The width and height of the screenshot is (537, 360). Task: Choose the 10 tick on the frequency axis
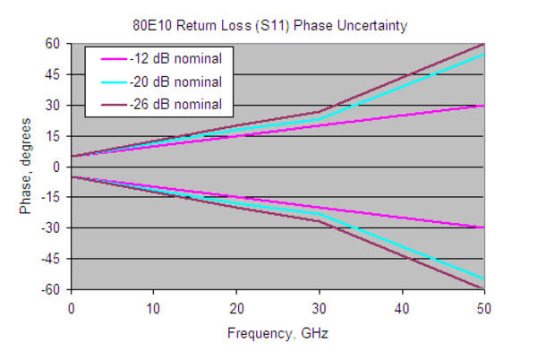(154, 307)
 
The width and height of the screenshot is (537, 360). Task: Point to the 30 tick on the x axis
(319, 307)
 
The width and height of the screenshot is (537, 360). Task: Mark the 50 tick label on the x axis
(484, 307)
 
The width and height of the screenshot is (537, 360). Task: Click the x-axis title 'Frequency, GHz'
(277, 332)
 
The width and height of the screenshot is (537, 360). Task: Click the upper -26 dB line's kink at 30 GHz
(319, 112)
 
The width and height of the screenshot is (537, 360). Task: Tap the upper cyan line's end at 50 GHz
(484, 55)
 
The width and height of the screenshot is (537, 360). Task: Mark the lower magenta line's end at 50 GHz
(484, 228)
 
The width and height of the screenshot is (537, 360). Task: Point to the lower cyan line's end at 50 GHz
(484, 279)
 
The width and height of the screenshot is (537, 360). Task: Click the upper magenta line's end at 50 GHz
(484, 106)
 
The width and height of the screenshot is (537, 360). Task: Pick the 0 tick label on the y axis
(55, 167)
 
